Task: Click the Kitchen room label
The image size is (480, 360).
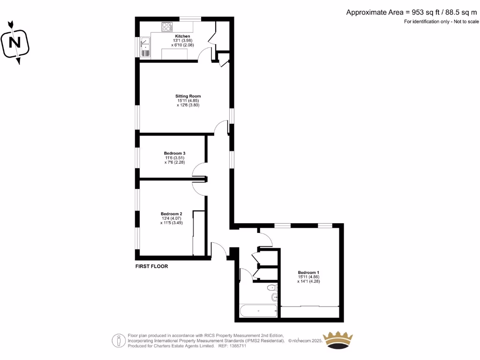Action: (x=182, y=36)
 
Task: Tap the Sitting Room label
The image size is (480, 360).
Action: (x=188, y=96)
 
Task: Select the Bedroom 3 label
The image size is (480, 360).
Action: (x=174, y=153)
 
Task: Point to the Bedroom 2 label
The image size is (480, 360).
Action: (x=171, y=214)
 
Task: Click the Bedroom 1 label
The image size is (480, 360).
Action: (x=308, y=272)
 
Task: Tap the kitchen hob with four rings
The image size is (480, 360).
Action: (x=167, y=27)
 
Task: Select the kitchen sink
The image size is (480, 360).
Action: (x=145, y=47)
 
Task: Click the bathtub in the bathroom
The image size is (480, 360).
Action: (x=258, y=311)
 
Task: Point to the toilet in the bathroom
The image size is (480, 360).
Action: (x=271, y=287)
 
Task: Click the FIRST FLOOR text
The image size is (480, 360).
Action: (x=151, y=266)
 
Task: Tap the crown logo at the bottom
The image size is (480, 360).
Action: (x=339, y=340)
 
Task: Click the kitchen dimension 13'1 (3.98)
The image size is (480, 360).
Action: (x=182, y=41)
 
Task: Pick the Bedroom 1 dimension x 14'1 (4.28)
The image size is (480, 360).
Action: (x=308, y=281)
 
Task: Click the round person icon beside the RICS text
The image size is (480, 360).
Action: (x=118, y=340)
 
